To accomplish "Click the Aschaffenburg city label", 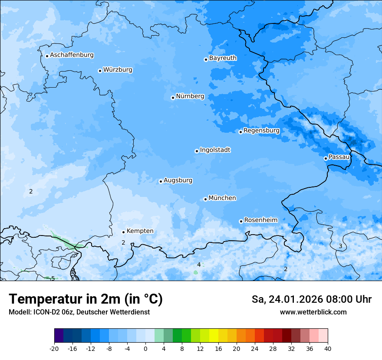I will click(72, 55).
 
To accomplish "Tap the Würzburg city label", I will click(118, 70).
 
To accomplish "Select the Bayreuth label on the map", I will click(223, 58).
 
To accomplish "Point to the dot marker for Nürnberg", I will click(173, 98).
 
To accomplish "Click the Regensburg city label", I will click(261, 131).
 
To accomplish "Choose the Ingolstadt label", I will click(215, 150).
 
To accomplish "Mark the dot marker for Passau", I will click(326, 158).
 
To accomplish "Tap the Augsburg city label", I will click(178, 180).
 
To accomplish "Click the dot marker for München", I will click(205, 199).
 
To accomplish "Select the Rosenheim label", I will click(260, 220).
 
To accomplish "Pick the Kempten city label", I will click(140, 231).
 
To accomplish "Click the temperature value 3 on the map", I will click(340, 246).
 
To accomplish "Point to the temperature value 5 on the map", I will click(53, 278).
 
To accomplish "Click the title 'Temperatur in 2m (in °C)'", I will click(86, 299).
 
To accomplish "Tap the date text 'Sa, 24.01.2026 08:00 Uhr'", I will click(311, 299).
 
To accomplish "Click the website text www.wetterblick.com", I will click(313, 312).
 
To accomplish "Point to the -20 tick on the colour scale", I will click(54, 349).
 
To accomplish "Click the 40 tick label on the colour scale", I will click(327, 349).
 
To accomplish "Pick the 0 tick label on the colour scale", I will click(145, 349).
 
